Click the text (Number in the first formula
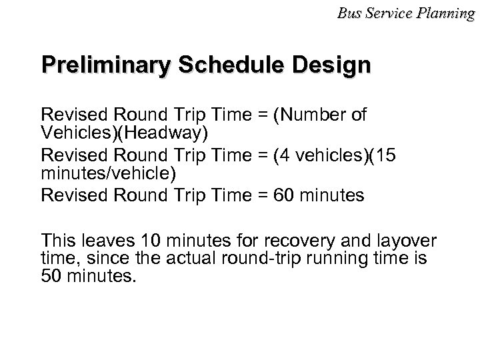coord(305,117)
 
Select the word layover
coord(400,240)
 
